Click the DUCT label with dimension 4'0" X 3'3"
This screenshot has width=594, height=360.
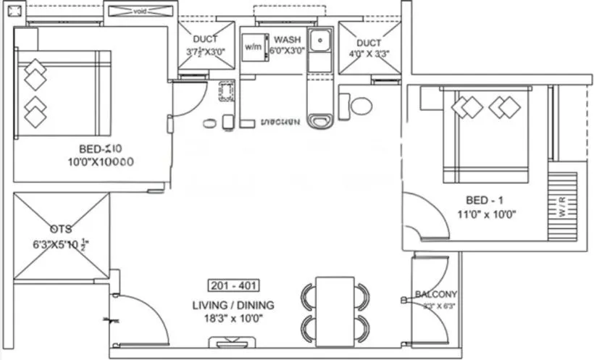tap(368, 43)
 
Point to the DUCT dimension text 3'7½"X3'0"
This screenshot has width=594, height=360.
tap(205, 52)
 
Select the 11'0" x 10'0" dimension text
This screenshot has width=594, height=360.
tap(486, 214)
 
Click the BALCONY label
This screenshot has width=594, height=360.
tap(436, 294)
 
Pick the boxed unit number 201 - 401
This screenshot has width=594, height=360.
tap(233, 285)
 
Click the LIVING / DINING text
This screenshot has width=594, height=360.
tap(233, 305)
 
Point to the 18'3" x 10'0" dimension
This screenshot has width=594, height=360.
tap(233, 317)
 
